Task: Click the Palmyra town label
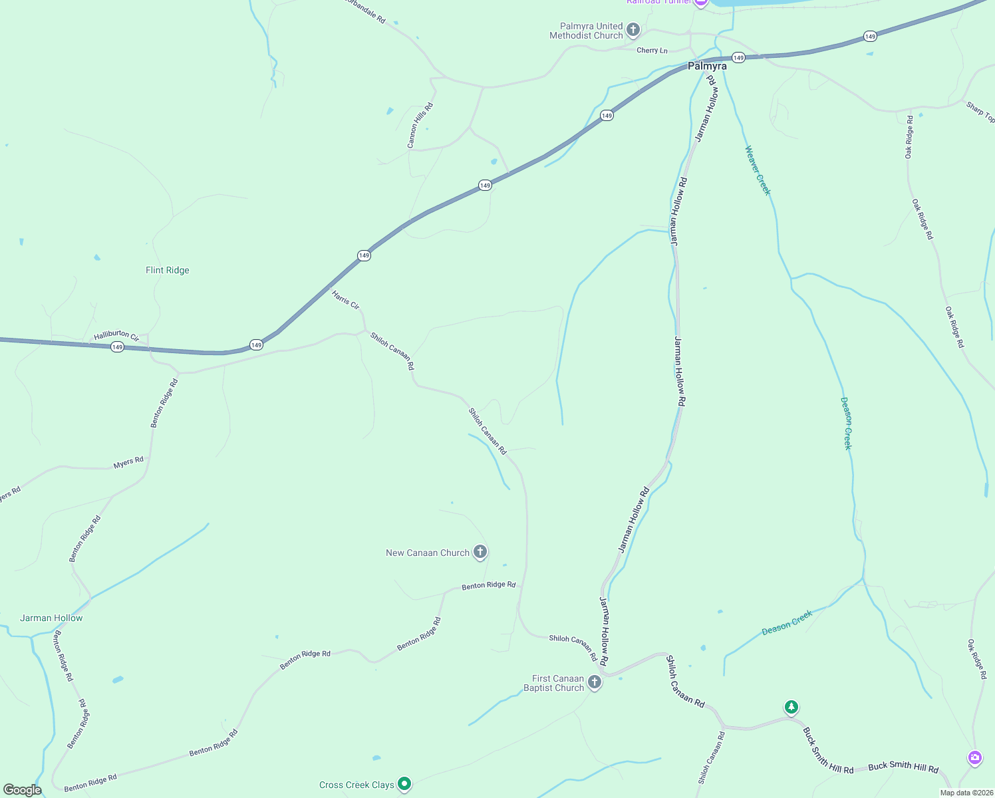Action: (x=707, y=66)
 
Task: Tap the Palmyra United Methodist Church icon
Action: (x=633, y=30)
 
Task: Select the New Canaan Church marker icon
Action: (x=480, y=552)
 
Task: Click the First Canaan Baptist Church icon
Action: (x=595, y=682)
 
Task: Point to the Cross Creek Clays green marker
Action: (x=404, y=784)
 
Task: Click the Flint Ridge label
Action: (x=168, y=270)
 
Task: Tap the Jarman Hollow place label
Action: (x=51, y=618)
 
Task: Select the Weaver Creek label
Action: (x=758, y=170)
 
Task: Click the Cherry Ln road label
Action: (x=652, y=51)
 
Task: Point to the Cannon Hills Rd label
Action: (x=420, y=125)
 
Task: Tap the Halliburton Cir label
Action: (x=116, y=336)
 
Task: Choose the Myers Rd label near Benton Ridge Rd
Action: (x=128, y=462)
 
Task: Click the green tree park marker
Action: (x=791, y=707)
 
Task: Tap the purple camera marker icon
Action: (x=975, y=757)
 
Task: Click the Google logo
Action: (x=23, y=790)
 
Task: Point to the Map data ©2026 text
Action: (x=965, y=793)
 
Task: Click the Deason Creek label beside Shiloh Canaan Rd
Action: (x=787, y=622)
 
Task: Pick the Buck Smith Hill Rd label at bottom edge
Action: (x=903, y=767)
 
